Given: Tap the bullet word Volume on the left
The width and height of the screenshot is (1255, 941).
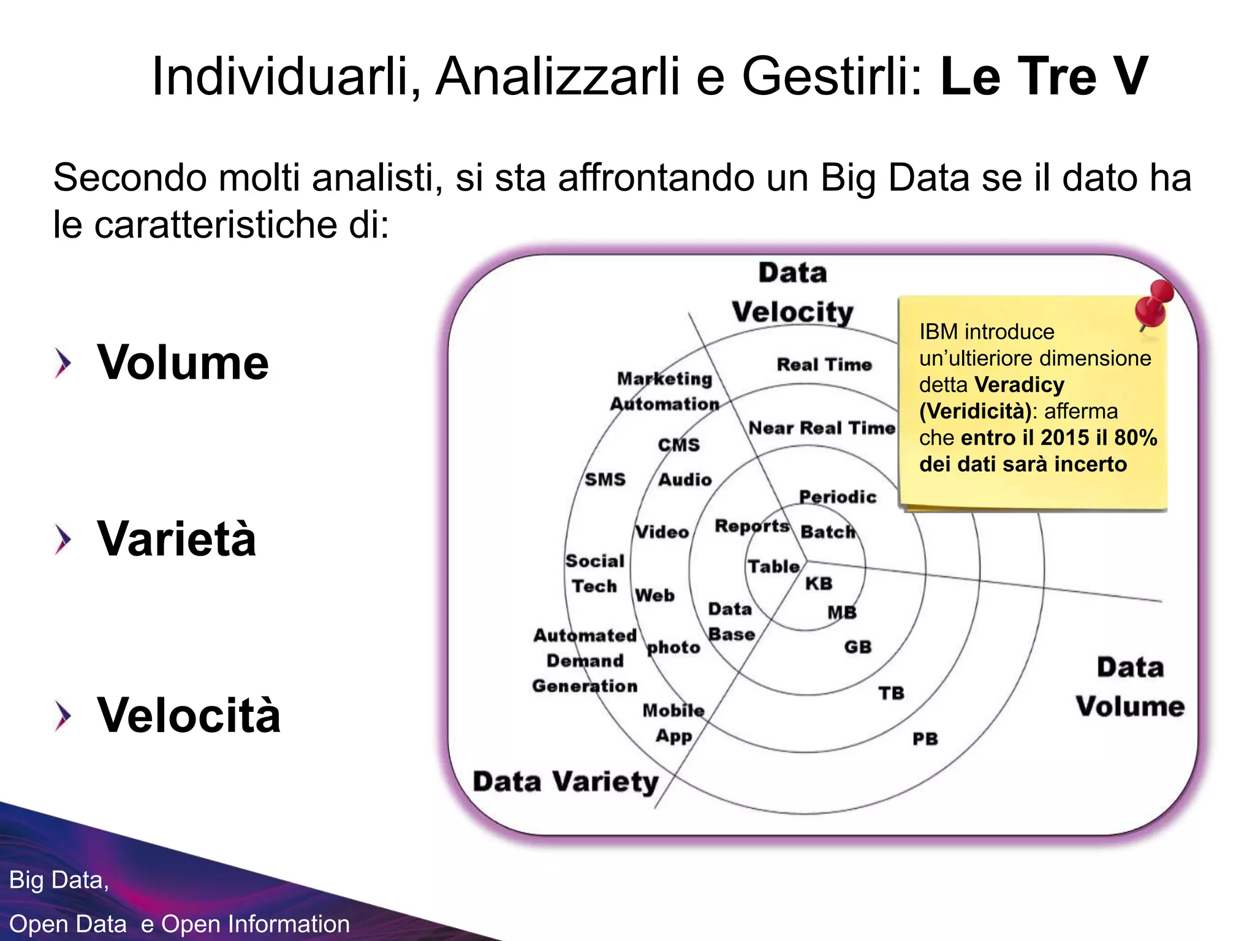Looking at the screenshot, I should (x=183, y=363).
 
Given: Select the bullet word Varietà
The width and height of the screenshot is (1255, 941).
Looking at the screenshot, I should (x=176, y=539).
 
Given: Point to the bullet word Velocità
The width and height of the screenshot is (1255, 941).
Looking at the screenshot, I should (x=189, y=716).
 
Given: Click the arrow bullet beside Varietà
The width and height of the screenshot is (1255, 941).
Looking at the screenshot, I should (x=63, y=539).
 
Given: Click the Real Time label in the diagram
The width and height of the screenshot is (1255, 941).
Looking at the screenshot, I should (x=824, y=365).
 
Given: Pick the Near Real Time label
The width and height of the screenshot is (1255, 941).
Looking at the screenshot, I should (x=821, y=428).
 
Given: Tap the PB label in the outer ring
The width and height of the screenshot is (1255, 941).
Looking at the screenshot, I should (x=925, y=739).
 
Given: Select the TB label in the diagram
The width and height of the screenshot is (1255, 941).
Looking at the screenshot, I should (x=891, y=693).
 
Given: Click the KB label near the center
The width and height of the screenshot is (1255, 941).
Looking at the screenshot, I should (x=819, y=583).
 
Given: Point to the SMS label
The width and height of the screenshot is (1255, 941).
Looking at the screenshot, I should (x=605, y=479).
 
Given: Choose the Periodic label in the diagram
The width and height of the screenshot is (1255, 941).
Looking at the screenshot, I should (x=838, y=497).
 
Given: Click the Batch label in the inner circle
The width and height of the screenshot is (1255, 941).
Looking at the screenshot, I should (x=827, y=531).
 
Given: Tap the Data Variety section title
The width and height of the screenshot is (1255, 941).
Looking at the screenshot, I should (x=565, y=782).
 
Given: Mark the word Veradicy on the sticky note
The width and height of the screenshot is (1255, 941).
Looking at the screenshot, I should (x=1019, y=385).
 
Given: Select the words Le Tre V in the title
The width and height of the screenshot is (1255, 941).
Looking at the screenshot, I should (x=1044, y=77).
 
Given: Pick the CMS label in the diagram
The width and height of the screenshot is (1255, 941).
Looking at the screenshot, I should (x=678, y=445).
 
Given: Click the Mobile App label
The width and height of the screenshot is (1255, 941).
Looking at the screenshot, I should (x=673, y=723).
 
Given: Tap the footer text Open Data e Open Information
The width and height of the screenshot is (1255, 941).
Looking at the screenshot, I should (x=180, y=924).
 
